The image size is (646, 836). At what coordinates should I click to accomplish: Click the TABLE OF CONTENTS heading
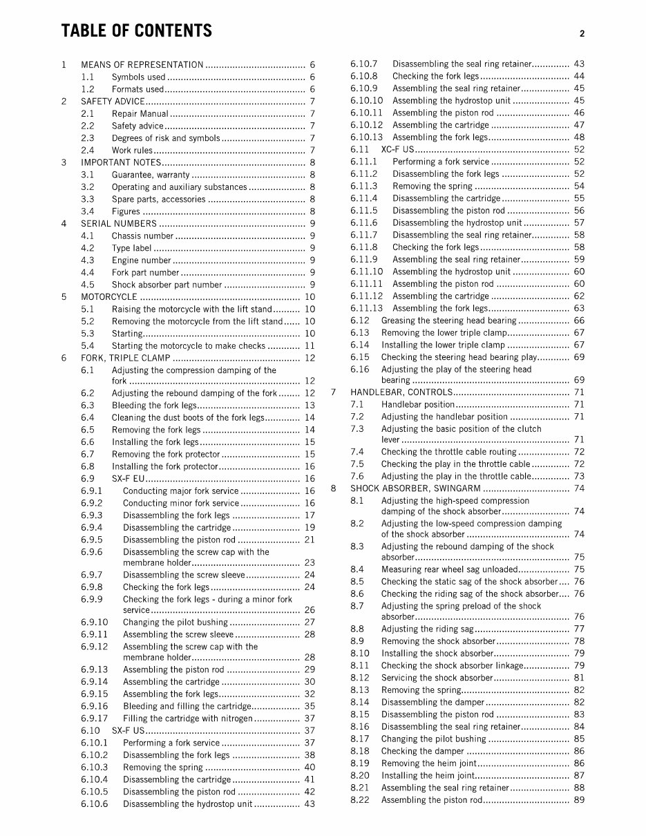tap(136, 31)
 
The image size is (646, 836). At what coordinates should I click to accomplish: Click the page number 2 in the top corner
tap(582, 33)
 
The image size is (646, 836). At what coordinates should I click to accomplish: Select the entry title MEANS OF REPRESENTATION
tap(142, 65)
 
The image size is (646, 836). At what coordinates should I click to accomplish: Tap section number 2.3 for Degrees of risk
tap(88, 138)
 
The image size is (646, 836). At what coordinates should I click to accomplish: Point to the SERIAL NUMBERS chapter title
tap(119, 224)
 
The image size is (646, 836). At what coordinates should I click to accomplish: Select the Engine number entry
tap(141, 260)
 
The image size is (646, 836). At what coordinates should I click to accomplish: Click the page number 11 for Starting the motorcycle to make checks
tap(309, 345)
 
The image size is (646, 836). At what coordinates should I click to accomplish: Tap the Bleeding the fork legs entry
tap(154, 406)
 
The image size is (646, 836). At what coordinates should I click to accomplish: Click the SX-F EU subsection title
tap(127, 479)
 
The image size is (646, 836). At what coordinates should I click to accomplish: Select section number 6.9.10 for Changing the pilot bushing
tap(94, 623)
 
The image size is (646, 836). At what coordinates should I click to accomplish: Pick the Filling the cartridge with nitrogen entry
tap(187, 719)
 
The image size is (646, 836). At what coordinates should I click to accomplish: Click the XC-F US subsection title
tap(397, 149)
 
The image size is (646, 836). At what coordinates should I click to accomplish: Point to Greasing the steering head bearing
tap(448, 321)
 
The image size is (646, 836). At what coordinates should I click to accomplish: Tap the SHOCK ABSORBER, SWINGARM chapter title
tap(412, 488)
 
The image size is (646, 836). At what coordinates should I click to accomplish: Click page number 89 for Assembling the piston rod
tap(578, 800)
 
